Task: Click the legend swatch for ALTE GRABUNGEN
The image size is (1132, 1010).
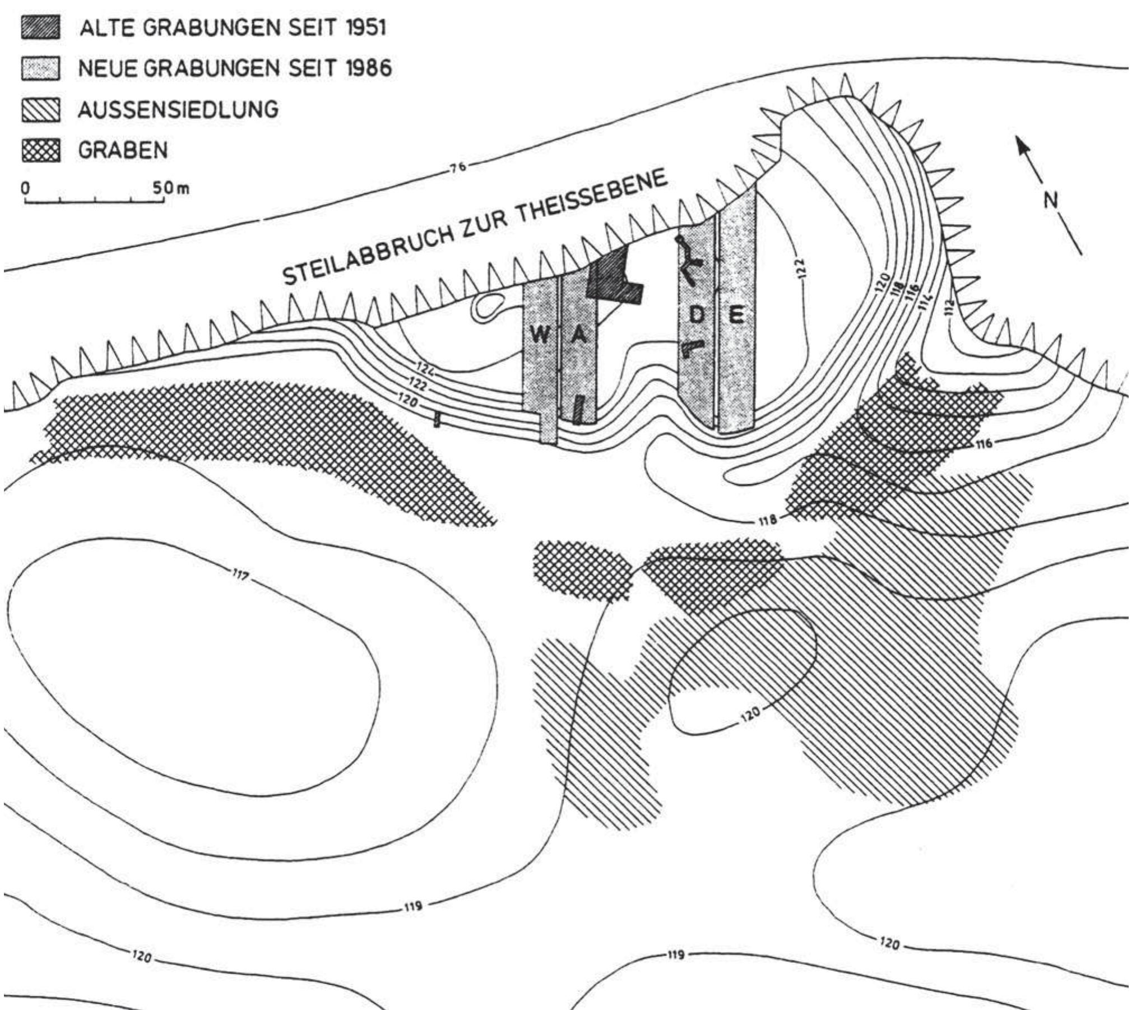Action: [x=41, y=27]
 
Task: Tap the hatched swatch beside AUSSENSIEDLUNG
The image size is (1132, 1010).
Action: [x=41, y=110]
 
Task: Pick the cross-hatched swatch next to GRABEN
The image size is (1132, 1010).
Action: [x=41, y=151]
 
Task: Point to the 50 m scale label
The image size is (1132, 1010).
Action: [x=171, y=189]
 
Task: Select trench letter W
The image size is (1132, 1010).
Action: [x=539, y=336]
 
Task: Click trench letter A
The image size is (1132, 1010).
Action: [x=579, y=336]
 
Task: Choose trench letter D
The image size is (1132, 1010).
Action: [x=696, y=316]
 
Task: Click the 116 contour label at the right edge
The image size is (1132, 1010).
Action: [x=983, y=444]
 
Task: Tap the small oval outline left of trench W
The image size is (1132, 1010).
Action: [x=488, y=307]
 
